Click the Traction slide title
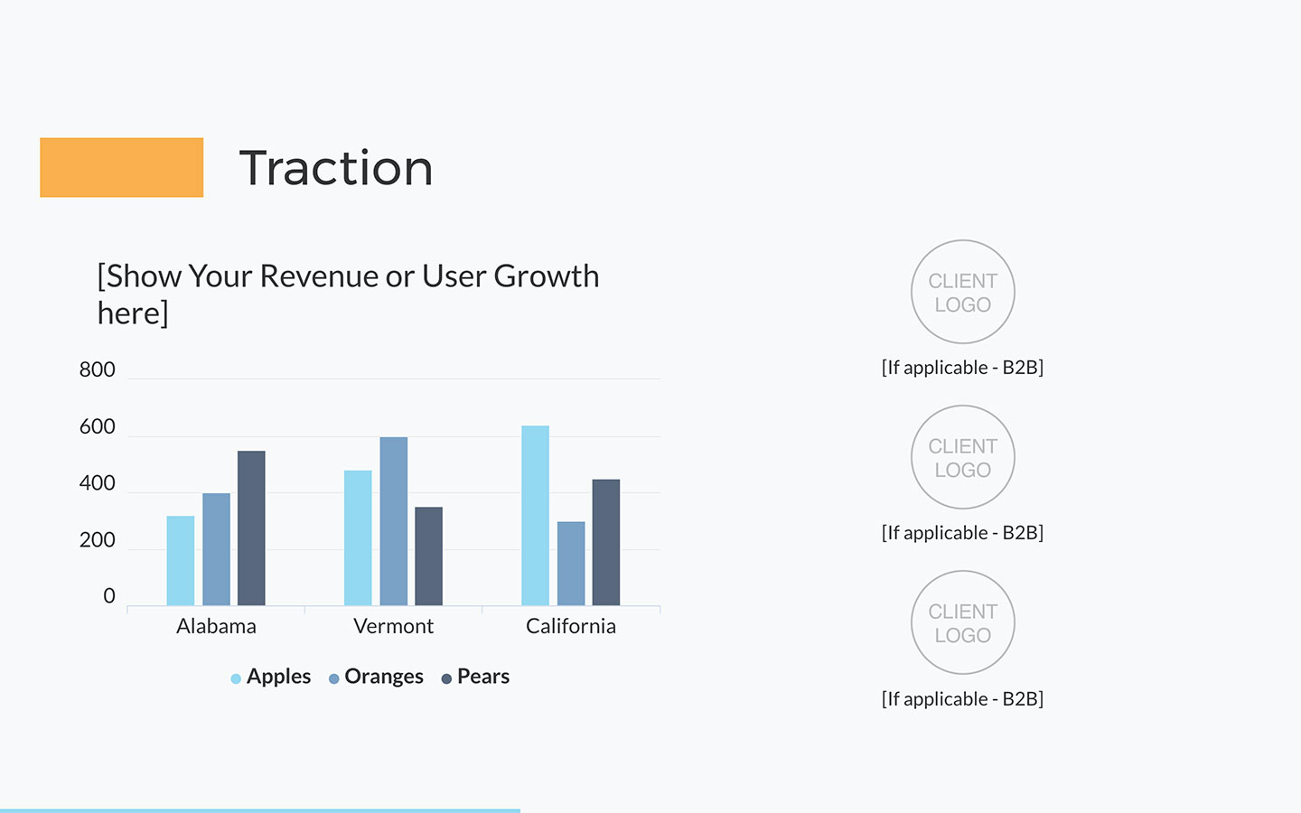click(336, 168)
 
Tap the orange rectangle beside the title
click(121, 167)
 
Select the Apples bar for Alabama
click(181, 560)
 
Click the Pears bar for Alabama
click(251, 528)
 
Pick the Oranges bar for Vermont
click(394, 521)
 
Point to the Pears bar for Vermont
click(428, 556)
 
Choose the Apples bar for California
click(535, 516)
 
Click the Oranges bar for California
click(571, 564)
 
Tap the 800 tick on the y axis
click(97, 369)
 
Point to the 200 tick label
click(97, 540)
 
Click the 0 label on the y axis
click(109, 596)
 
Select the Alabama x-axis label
click(216, 626)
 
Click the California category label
click(571, 626)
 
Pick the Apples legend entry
click(271, 677)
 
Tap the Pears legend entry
click(475, 677)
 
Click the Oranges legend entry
click(376, 677)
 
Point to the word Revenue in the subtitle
click(320, 276)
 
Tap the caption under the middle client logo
click(962, 533)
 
